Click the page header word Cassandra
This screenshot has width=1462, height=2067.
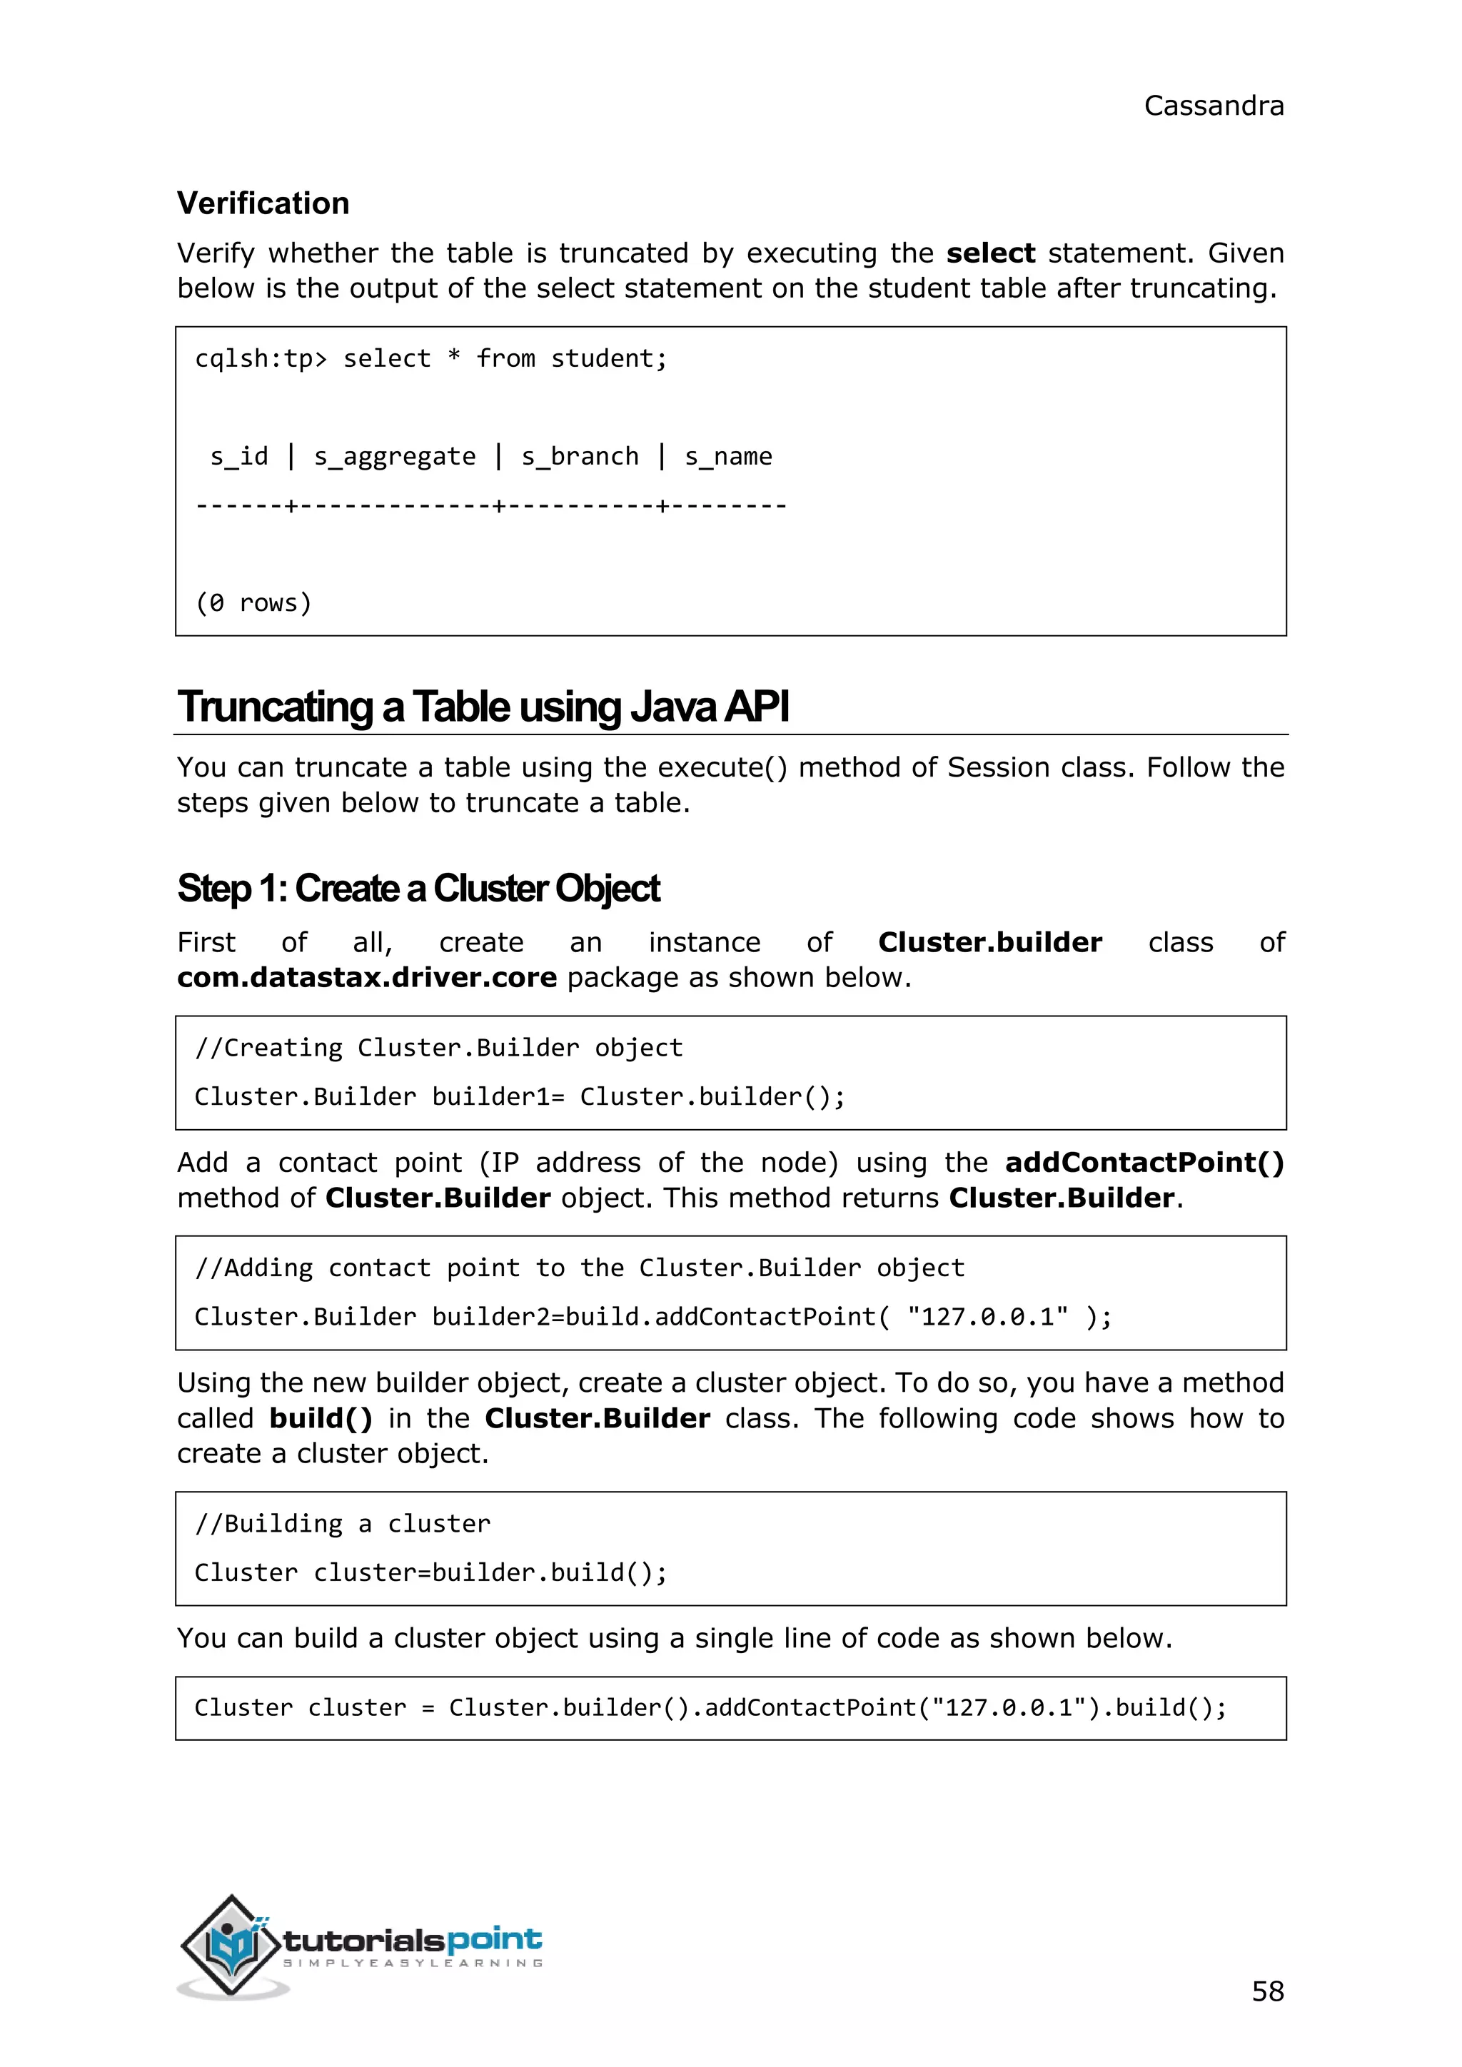point(1213,106)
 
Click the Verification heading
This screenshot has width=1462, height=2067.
point(263,203)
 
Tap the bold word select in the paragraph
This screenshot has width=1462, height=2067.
point(990,253)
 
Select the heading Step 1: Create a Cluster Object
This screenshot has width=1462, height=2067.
point(418,889)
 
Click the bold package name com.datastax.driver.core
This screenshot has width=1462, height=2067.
point(366,978)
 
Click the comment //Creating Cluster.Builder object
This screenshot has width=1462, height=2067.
point(438,1048)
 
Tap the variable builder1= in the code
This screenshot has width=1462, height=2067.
point(498,1096)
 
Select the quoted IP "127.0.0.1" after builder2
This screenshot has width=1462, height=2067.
point(987,1317)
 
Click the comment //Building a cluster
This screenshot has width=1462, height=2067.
point(343,1523)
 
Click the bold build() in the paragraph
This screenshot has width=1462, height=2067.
point(321,1418)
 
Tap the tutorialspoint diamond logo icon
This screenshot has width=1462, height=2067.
point(232,1944)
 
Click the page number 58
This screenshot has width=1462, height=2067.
point(1266,1991)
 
